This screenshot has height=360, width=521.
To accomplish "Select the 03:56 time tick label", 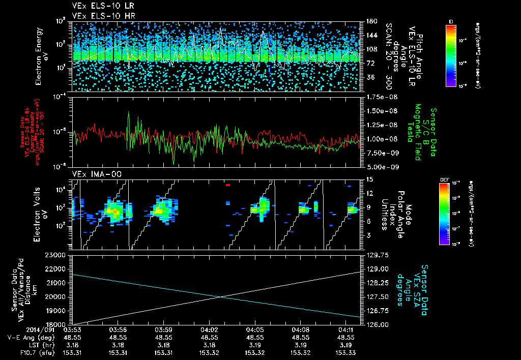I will [x=118, y=329].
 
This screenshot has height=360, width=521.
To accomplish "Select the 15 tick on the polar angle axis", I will [x=369, y=179].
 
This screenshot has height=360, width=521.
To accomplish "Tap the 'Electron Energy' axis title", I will [x=38, y=56].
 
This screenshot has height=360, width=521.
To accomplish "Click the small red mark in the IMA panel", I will [x=228, y=185].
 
